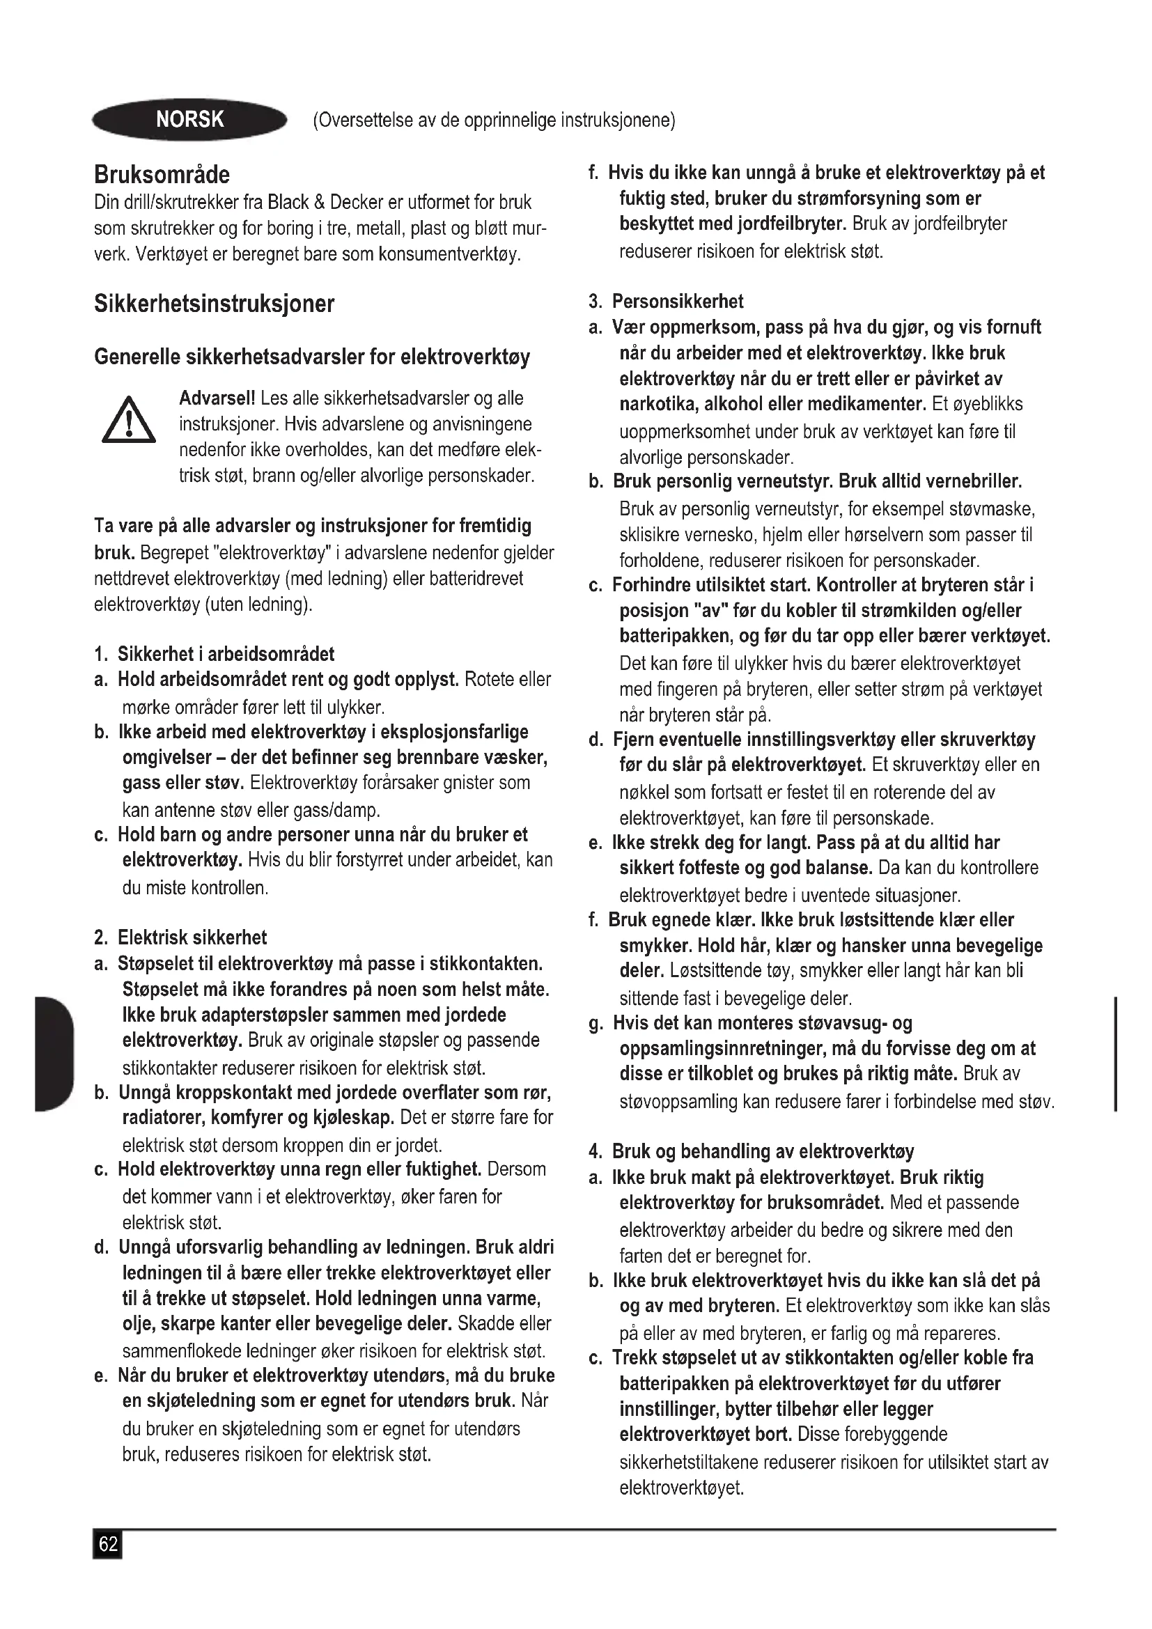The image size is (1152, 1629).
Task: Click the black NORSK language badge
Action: [x=189, y=119]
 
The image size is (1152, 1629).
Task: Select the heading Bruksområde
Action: [x=162, y=175]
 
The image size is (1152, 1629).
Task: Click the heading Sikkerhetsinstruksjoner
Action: [x=214, y=304]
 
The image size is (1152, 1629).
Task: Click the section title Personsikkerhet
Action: [x=678, y=302]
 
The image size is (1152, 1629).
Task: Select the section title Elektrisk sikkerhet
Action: [x=192, y=938]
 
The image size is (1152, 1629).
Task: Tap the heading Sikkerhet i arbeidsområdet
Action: [x=226, y=654]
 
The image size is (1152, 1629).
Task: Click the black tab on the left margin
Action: [x=53, y=1054]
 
